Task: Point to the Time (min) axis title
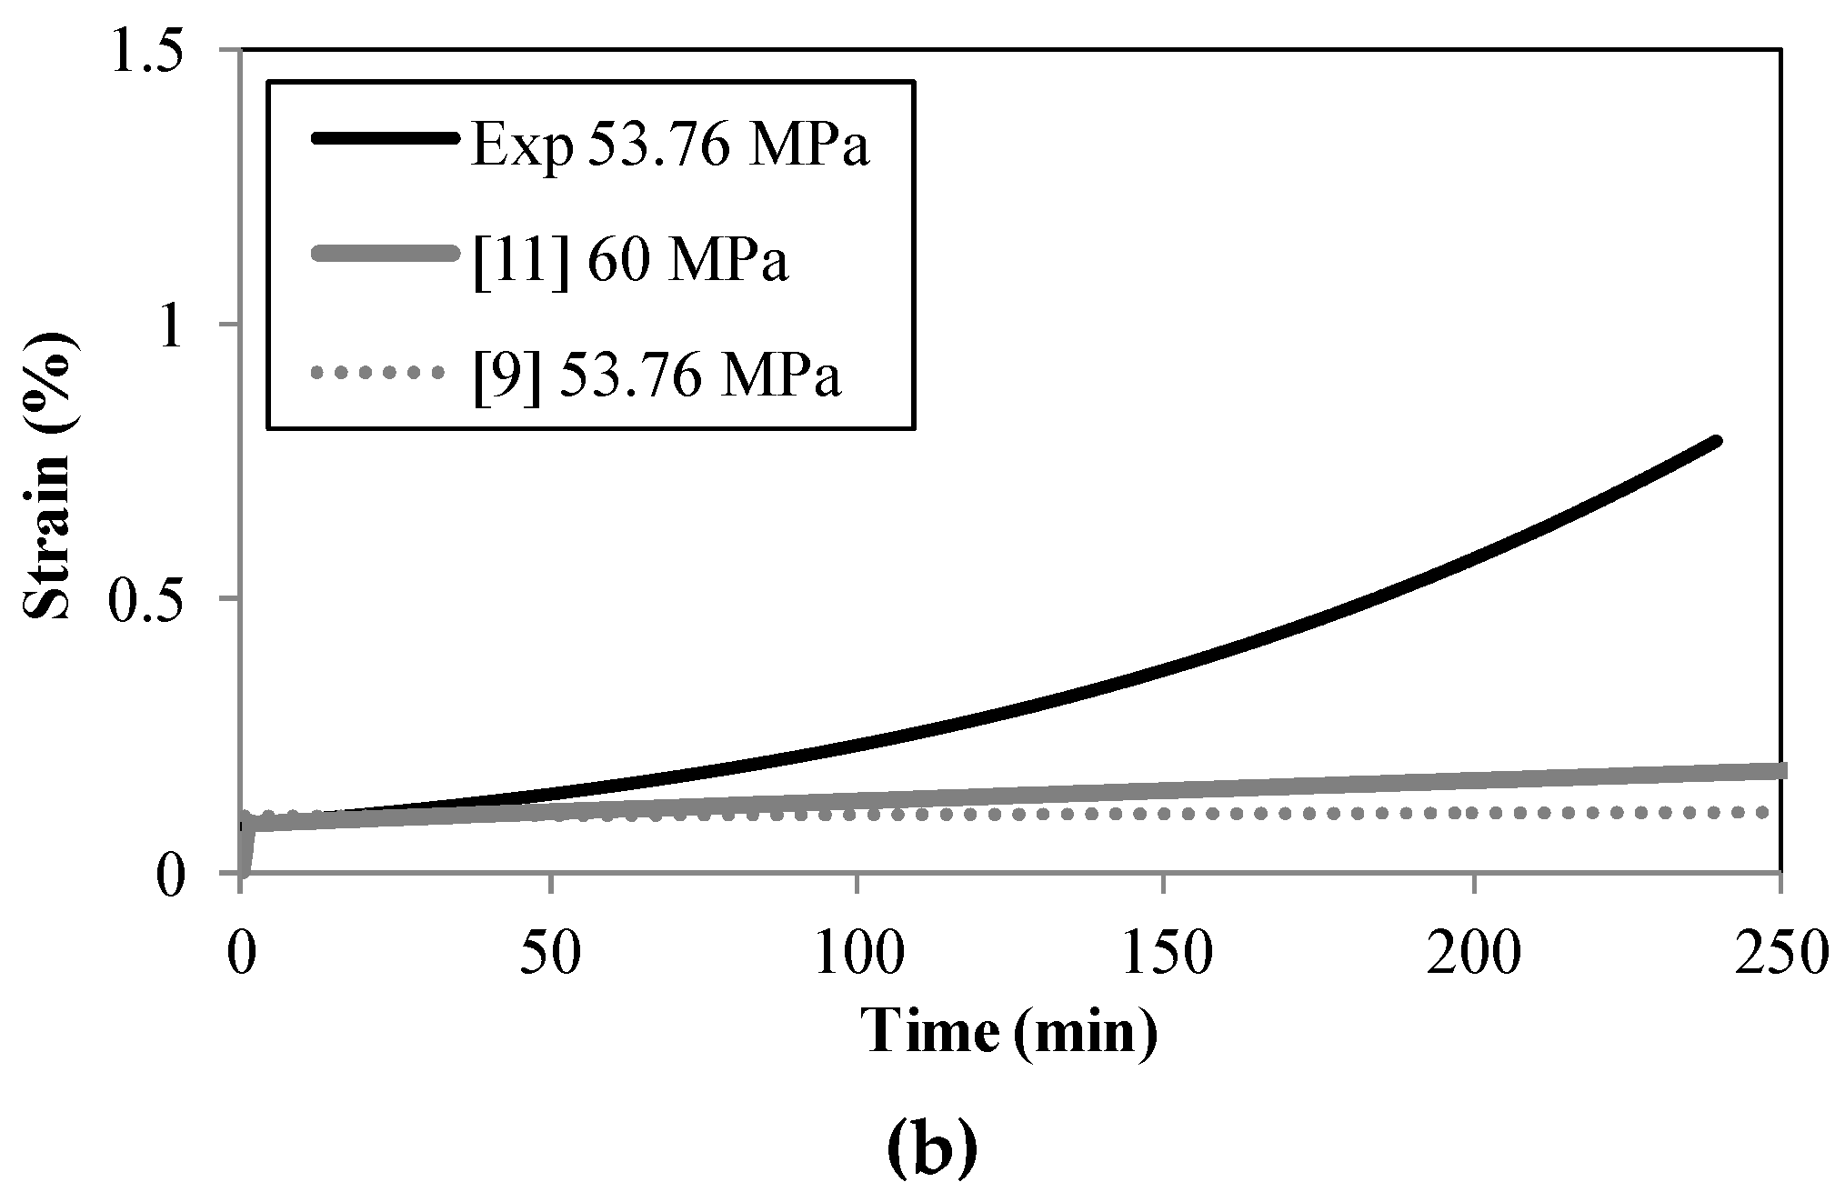[x=1009, y=1032]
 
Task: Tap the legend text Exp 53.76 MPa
[x=671, y=145]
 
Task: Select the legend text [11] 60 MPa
[x=630, y=259]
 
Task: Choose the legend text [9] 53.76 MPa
[x=657, y=374]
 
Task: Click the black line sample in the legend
[x=383, y=139]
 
